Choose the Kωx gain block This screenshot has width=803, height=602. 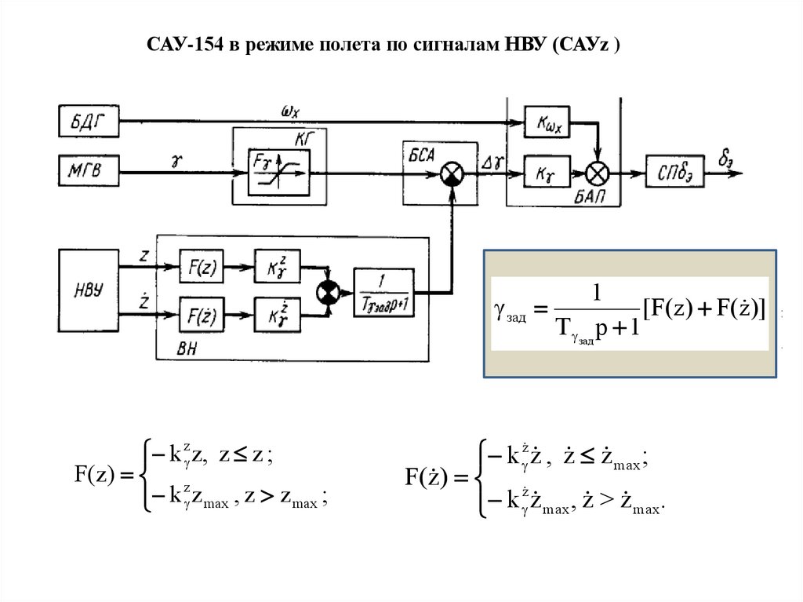547,123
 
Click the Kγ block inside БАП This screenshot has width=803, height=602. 547,170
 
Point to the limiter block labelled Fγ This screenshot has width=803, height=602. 279,171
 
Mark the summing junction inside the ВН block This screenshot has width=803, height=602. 326,292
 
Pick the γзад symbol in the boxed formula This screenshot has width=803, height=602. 511,314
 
